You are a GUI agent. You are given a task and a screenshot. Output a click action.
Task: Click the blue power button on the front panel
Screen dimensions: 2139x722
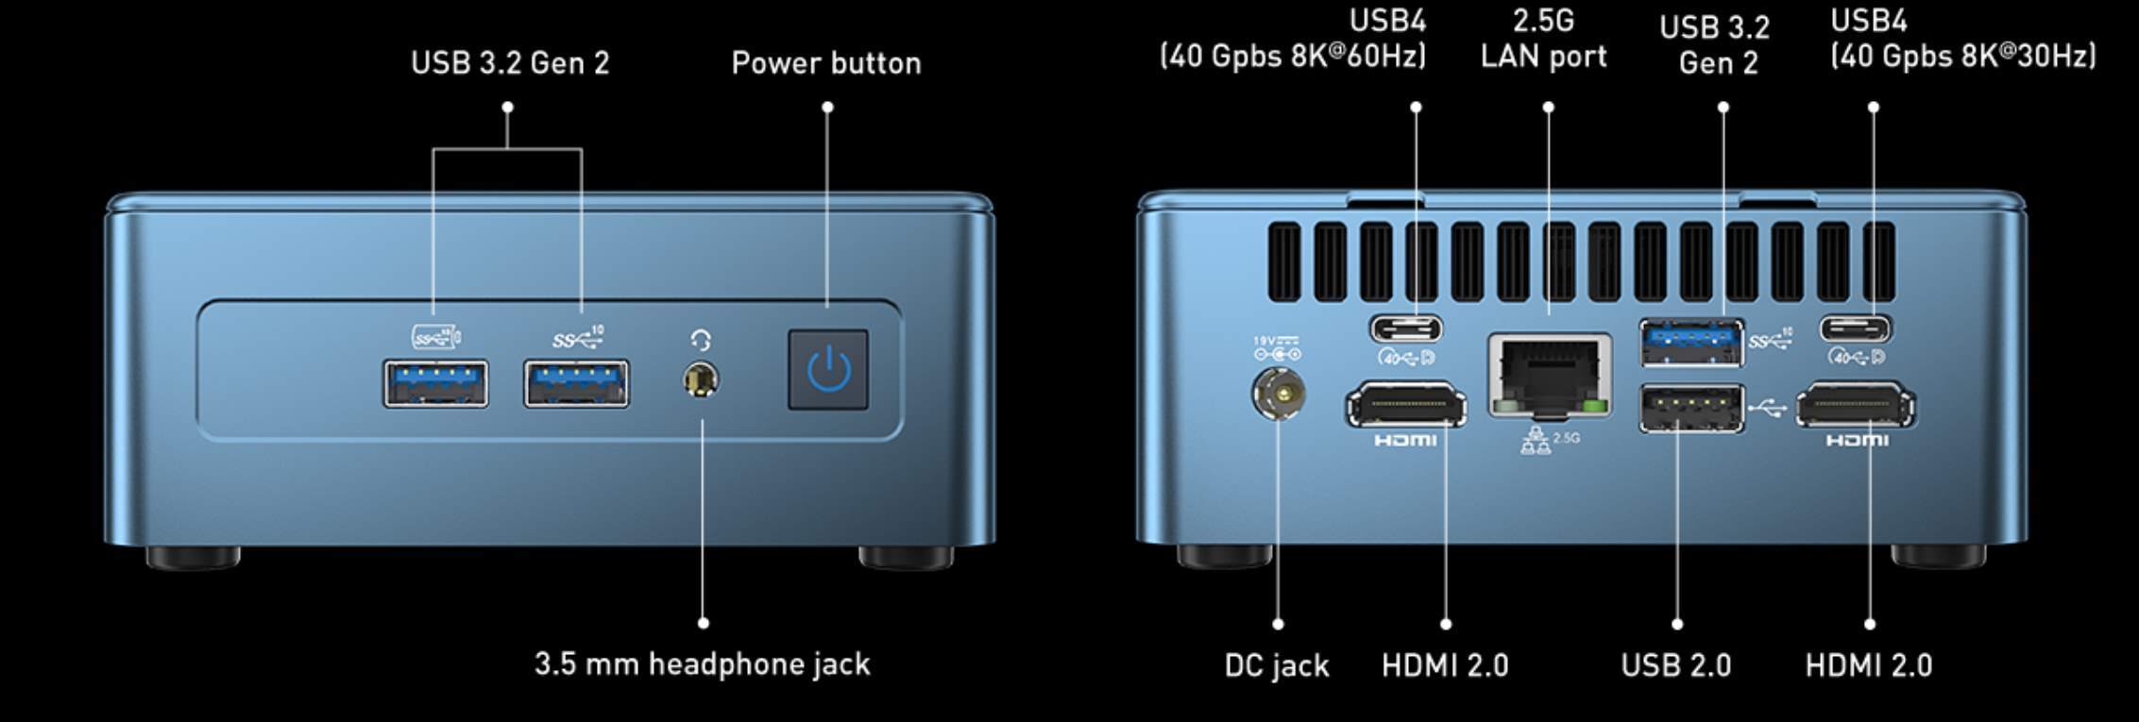coord(828,369)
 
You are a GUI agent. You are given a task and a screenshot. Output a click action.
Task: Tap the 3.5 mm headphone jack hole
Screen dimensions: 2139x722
coord(700,380)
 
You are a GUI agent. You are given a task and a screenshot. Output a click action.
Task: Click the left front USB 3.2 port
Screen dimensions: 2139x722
coord(435,383)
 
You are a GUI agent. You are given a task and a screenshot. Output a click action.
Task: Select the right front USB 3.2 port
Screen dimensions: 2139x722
coord(576,383)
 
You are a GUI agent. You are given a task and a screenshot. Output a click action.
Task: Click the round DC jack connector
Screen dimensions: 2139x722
coord(1278,392)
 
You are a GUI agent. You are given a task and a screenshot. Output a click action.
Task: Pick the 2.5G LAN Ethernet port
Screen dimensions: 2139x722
coord(1549,376)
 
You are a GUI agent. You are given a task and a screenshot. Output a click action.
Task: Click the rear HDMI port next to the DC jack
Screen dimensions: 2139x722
coord(1406,406)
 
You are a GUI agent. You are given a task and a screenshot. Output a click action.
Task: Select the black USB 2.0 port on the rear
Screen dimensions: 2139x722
coord(1691,409)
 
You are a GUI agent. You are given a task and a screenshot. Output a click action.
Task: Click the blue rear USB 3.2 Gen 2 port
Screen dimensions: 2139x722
coord(1691,343)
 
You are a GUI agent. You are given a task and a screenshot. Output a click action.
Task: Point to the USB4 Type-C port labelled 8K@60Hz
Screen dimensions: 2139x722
coord(1406,328)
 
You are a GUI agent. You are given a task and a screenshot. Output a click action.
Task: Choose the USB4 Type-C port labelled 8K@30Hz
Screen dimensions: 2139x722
coord(1856,328)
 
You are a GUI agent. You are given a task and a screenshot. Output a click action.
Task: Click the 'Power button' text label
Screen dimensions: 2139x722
coord(826,63)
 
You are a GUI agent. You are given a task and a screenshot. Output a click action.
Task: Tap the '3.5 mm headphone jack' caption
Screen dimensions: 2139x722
coord(703,663)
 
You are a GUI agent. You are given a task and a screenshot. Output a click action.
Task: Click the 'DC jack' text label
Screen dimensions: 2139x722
coord(1277,665)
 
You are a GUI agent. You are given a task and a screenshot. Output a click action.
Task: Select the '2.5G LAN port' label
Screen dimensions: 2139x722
coord(1544,39)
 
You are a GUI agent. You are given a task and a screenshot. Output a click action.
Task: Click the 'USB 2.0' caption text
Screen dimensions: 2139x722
coord(1676,665)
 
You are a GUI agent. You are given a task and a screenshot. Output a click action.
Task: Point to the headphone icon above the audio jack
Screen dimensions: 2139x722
coord(701,341)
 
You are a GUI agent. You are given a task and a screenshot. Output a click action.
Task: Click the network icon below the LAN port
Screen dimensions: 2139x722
coord(1536,441)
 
